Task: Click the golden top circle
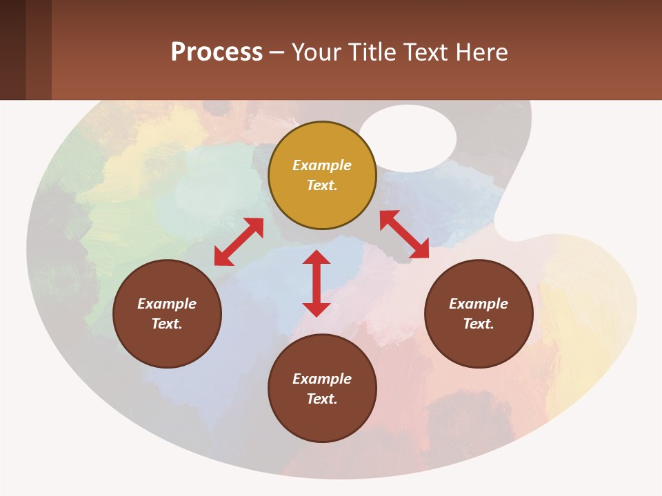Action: click(322, 175)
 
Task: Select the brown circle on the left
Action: click(167, 313)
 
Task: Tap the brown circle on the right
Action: click(479, 313)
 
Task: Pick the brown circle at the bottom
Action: click(322, 389)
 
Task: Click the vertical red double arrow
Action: click(317, 283)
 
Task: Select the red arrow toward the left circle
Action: click(239, 242)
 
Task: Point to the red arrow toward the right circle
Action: click(404, 234)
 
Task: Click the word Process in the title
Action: click(217, 52)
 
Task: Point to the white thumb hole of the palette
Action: click(408, 138)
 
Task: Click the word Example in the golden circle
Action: click(322, 165)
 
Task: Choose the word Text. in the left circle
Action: click(167, 324)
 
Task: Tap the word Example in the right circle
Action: click(479, 304)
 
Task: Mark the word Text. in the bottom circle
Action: click(322, 399)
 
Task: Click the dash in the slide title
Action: click(277, 52)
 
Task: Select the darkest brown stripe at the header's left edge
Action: click(12, 50)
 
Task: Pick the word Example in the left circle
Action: click(167, 304)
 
